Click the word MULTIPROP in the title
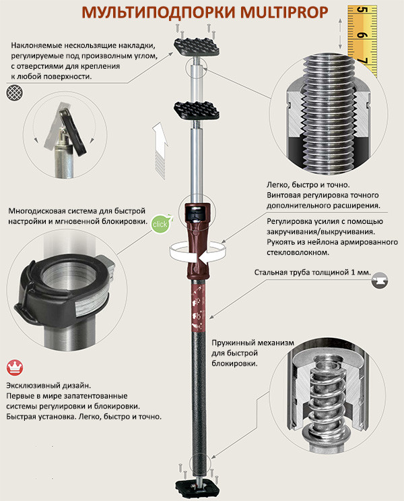[284, 12]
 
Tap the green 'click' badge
[160, 224]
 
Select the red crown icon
[15, 367]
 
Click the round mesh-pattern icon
[15, 92]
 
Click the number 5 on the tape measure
[362, 10]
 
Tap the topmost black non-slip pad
[197, 47]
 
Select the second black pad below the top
[197, 111]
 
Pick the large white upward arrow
[160, 150]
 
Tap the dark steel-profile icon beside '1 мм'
[380, 281]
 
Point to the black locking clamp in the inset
[61, 289]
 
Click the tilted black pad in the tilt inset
[73, 131]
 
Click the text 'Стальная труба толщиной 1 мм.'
[312, 272]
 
